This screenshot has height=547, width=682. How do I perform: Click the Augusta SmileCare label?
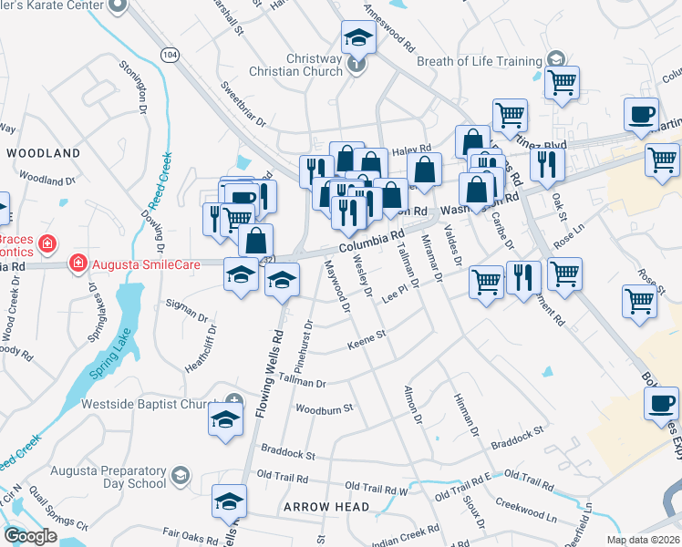pyautogui.click(x=135, y=263)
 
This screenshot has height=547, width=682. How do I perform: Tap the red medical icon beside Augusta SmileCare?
pyautogui.click(x=78, y=263)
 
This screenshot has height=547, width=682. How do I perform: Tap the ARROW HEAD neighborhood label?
pyautogui.click(x=326, y=507)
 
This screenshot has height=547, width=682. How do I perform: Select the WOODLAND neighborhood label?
pyautogui.click(x=44, y=153)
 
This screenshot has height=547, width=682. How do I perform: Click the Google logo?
pyautogui.click(x=30, y=536)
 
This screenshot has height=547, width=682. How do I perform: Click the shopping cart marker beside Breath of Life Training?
pyautogui.click(x=562, y=82)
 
